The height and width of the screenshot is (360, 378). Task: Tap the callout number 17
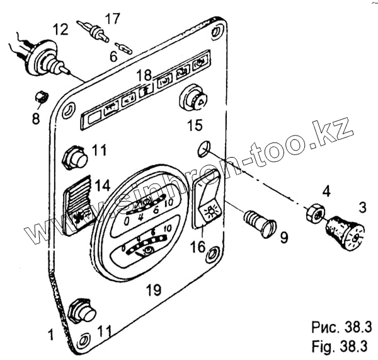point(112,20)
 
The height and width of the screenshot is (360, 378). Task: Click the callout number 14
point(102,185)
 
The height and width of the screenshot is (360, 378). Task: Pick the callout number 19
point(153,291)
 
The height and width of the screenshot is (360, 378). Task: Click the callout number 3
point(362,207)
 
